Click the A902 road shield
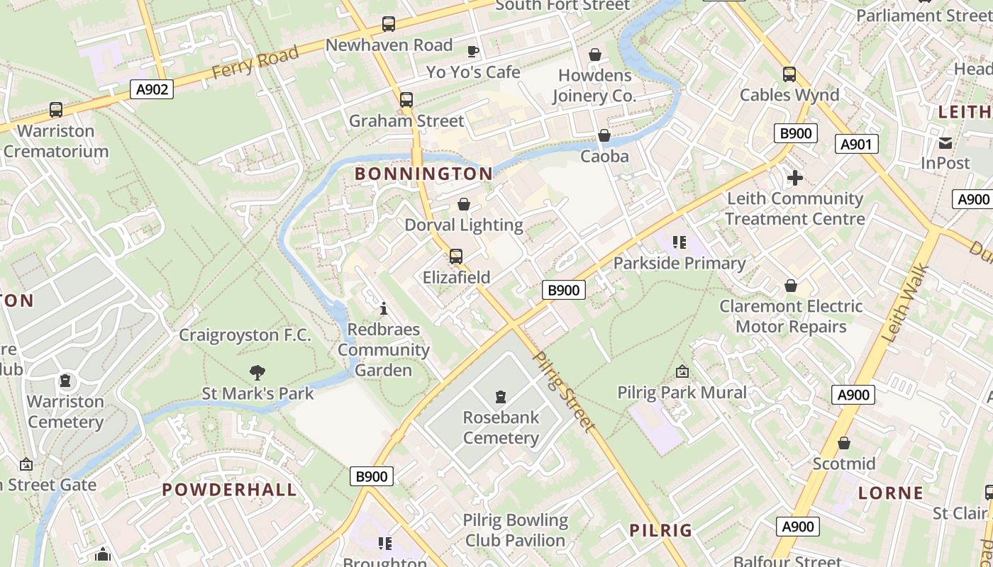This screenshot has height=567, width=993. coord(152,89)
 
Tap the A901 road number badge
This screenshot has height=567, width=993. coord(856,145)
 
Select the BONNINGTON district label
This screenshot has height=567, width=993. coord(423,174)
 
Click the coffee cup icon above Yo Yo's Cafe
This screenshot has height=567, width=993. coord(473,51)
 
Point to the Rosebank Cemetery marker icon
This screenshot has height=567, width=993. coord(501,396)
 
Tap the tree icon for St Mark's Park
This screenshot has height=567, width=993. coord(257,372)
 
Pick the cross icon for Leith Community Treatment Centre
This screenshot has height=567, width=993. coord(794,178)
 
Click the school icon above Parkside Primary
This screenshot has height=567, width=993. coord(679,242)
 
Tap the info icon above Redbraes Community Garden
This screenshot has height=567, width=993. coord(384,308)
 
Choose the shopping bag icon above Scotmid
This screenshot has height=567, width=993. coord(843,443)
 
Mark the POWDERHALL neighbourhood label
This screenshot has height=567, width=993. coord(229,490)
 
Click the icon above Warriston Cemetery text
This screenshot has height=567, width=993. coord(65,381)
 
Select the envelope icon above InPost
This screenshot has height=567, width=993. coord(945,142)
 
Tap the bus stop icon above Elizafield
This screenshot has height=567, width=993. coord(456,257)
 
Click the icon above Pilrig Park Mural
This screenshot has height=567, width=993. coord(682,371)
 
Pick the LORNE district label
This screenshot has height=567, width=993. coord(891,493)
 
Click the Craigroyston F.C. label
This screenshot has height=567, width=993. coord(245,335)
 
